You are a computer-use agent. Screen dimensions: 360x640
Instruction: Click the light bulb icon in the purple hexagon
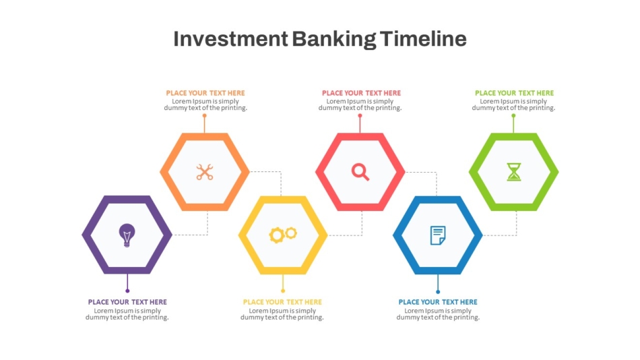pos(127,235)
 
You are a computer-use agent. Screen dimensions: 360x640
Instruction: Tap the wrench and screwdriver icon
pos(204,172)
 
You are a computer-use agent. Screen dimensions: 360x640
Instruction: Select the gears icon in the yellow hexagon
pos(283,234)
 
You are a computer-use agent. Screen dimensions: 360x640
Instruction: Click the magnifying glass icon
pos(360,172)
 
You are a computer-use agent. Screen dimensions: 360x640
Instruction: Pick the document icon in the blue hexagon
pos(438,235)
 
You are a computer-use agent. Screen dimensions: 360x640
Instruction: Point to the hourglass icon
pos(514,172)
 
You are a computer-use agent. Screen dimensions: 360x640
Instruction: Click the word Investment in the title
pos(230,39)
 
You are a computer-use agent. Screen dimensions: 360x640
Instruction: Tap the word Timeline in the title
pos(423,38)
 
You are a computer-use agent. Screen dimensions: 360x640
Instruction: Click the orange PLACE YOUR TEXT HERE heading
pos(205,93)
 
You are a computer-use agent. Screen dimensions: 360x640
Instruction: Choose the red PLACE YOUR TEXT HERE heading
pos(361,93)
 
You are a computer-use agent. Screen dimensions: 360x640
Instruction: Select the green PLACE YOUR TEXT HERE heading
pos(514,93)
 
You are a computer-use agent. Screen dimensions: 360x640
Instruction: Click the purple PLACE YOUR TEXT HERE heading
pos(127,302)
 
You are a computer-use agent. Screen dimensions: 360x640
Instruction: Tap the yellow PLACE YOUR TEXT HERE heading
pos(282,302)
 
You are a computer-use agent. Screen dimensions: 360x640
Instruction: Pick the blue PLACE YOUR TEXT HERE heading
pos(438,302)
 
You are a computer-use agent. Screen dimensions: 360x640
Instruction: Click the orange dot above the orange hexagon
pos(204,115)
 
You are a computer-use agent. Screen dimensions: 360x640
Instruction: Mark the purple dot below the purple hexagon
pos(127,291)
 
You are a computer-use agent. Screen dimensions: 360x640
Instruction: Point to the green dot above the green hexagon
pos(513,115)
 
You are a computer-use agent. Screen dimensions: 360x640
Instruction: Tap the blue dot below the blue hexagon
pos(438,292)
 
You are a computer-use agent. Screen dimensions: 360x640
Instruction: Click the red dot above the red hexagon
pos(360,115)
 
